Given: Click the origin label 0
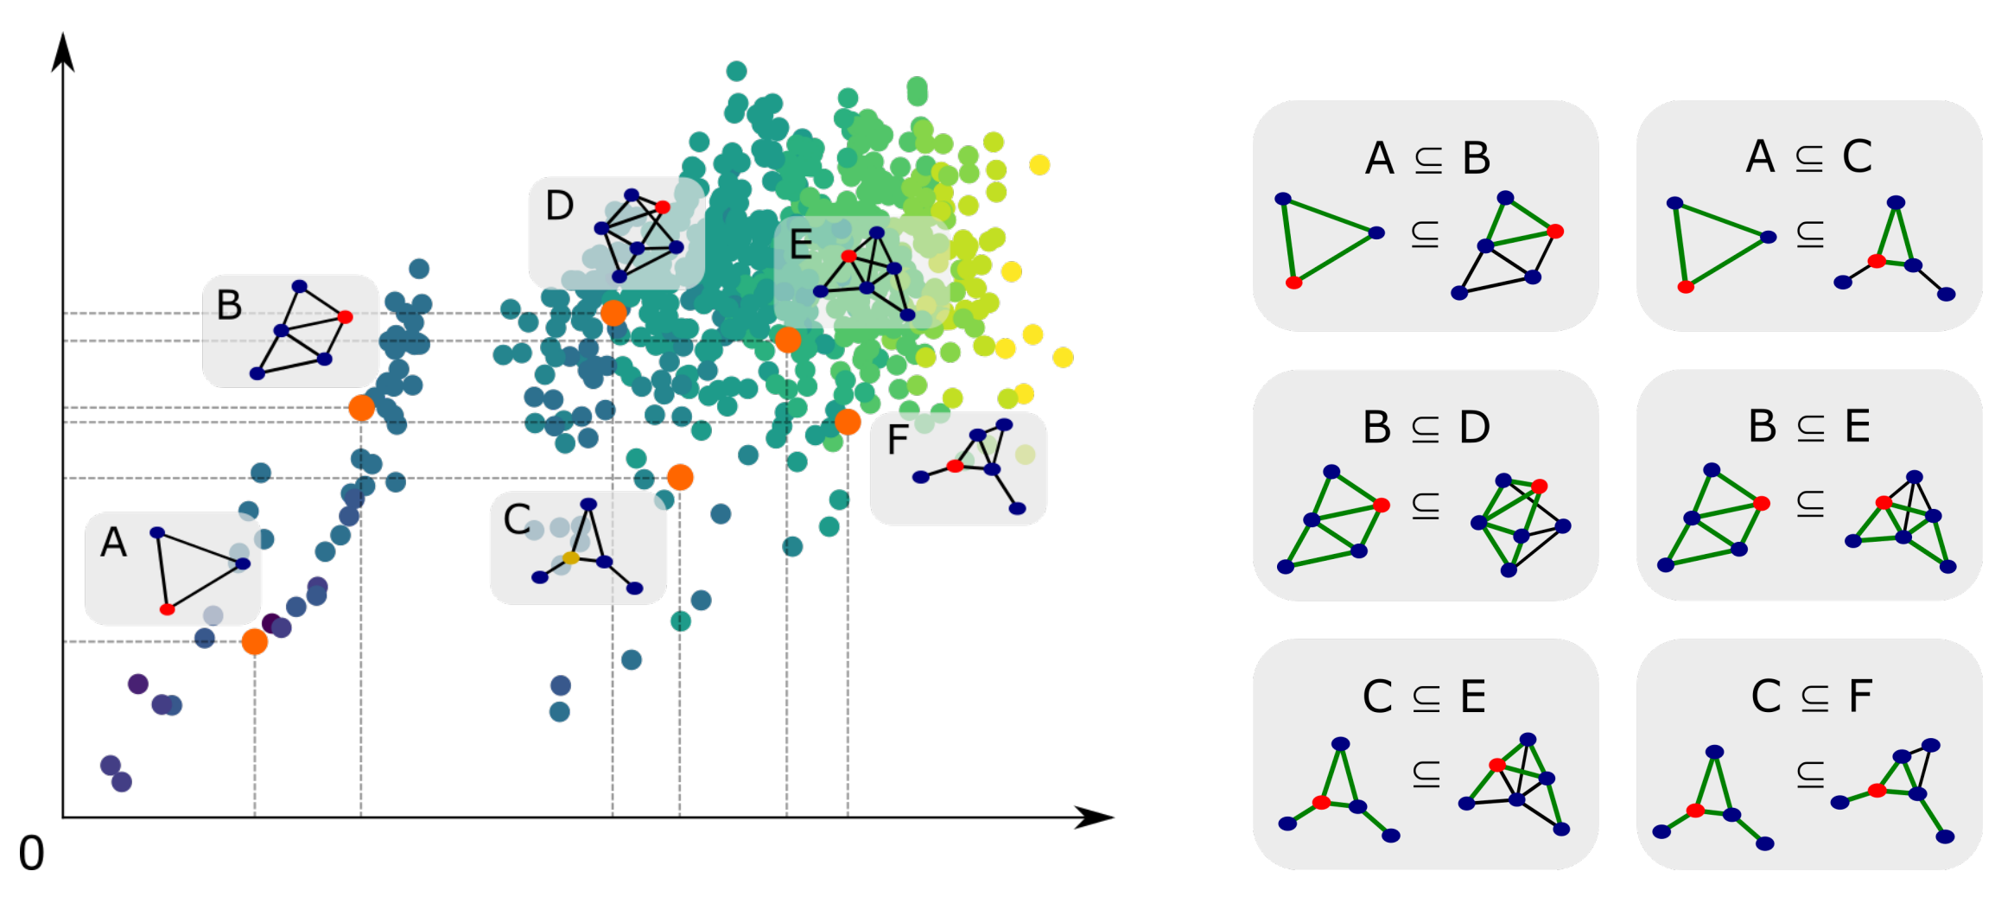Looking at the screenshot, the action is [31, 854].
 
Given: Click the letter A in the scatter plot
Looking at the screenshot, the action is [113, 543].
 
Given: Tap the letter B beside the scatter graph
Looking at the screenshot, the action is [229, 305].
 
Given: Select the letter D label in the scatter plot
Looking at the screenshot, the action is [560, 206].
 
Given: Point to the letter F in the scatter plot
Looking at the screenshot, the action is [898, 440].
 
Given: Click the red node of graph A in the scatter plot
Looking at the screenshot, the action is [168, 609].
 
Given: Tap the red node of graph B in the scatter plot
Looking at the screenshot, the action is [346, 317].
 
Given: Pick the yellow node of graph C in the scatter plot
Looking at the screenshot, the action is [570, 557].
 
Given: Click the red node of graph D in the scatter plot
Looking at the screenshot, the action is [663, 207].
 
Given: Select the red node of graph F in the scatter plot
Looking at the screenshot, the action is [955, 466].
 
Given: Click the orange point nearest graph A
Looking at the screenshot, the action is [255, 641].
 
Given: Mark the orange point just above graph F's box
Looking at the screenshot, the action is [848, 422].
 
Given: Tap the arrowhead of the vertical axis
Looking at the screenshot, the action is [62, 52].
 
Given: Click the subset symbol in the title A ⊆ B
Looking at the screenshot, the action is [1429, 160].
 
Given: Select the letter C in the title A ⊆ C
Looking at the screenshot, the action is [1857, 156].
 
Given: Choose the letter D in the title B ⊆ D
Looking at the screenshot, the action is [1475, 427].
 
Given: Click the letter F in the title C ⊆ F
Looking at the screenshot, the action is [1860, 696].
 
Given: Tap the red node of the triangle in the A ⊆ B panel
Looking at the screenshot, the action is [1293, 283].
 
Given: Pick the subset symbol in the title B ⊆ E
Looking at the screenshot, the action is [1811, 428].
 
